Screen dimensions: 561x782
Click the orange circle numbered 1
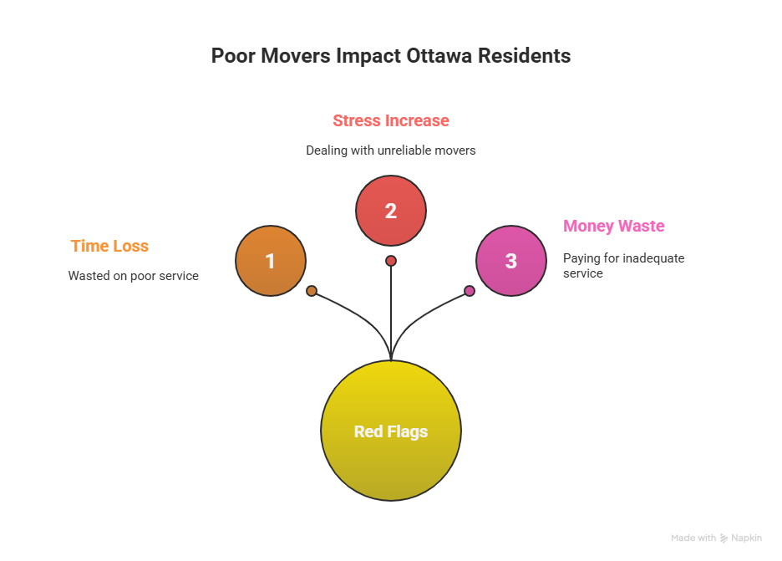[x=270, y=261]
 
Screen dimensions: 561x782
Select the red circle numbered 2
[x=391, y=211]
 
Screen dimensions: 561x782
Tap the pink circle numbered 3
[x=511, y=261]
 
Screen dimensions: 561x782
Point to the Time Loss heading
[x=109, y=246]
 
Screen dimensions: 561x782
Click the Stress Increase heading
[x=391, y=120]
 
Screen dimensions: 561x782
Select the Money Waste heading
[x=614, y=226]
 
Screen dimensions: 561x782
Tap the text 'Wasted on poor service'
[x=134, y=275]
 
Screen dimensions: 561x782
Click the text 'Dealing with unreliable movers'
[x=391, y=150]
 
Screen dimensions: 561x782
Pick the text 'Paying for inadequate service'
[x=612, y=266]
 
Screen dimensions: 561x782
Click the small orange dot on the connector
[x=312, y=291]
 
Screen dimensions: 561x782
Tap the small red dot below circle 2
[x=391, y=261]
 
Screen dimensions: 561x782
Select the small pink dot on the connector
[x=470, y=291]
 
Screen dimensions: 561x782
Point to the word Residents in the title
[x=526, y=56]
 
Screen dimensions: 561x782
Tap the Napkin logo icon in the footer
[x=724, y=538]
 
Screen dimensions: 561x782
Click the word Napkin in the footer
[x=746, y=538]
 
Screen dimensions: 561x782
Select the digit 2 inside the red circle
[x=391, y=211]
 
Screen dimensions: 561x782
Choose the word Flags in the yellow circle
[x=408, y=432]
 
